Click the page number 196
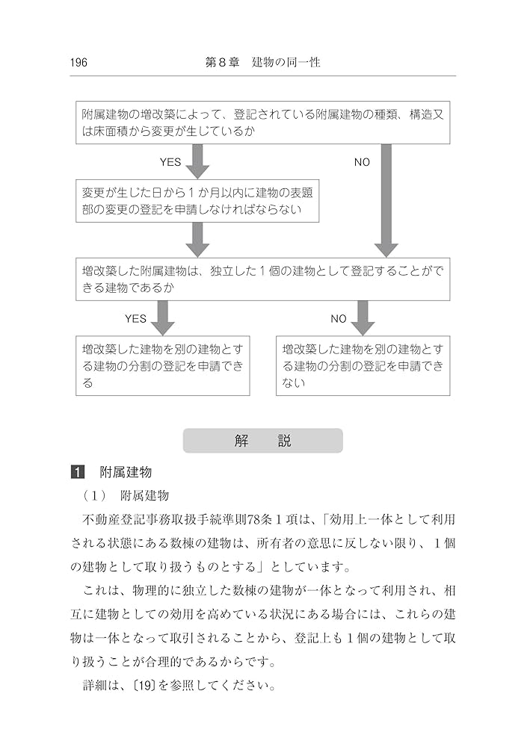(78, 63)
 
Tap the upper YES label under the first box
(170, 162)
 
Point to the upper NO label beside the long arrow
(362, 162)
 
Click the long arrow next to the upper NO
(385, 198)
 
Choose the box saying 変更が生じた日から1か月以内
(197, 201)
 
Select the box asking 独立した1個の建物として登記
(262, 279)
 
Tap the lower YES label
(135, 318)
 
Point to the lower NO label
(339, 318)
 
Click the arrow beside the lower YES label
(161, 317)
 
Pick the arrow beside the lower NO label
(363, 317)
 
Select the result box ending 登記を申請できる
(162, 365)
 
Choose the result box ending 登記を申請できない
(363, 365)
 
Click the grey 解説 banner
(262, 441)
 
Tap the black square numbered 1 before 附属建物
(78, 472)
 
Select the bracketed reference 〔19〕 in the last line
(143, 685)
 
